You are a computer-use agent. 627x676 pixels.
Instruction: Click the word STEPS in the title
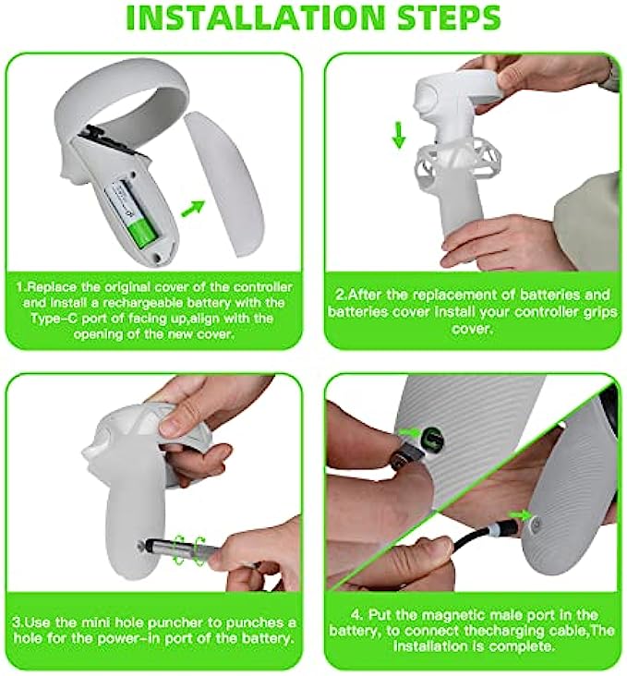click(x=449, y=18)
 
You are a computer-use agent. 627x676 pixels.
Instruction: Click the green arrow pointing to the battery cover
click(x=192, y=208)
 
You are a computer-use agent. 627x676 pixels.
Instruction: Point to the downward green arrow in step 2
click(x=399, y=135)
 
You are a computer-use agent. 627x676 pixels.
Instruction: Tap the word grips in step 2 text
click(x=600, y=311)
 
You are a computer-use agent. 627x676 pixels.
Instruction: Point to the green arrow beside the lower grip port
click(x=519, y=513)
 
